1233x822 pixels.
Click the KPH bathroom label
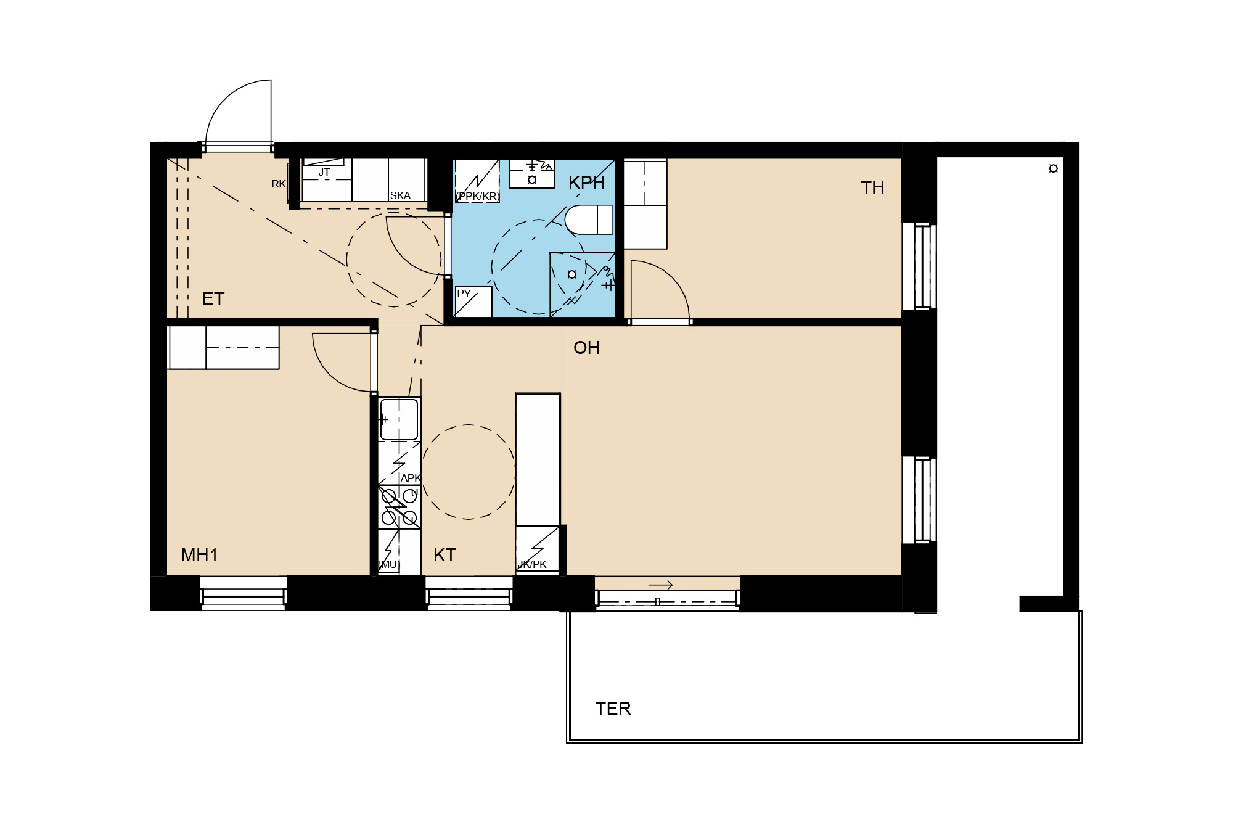pyautogui.click(x=586, y=183)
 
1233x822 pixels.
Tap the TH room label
pyautogui.click(x=872, y=187)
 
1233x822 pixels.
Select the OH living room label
pyautogui.click(x=586, y=348)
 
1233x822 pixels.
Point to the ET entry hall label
pyautogui.click(x=213, y=298)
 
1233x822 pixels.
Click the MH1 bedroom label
pyautogui.click(x=199, y=555)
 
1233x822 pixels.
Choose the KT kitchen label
pyautogui.click(x=444, y=555)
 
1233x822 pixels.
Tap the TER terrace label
pyautogui.click(x=613, y=709)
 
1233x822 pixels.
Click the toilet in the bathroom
pyautogui.click(x=589, y=220)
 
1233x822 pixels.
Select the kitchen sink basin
pyautogui.click(x=399, y=419)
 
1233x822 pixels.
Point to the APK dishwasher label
pyautogui.click(x=411, y=478)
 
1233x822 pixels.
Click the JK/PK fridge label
pyautogui.click(x=533, y=564)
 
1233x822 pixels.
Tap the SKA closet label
pyautogui.click(x=400, y=195)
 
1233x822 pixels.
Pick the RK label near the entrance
pyautogui.click(x=279, y=184)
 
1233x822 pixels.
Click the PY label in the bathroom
pyautogui.click(x=464, y=294)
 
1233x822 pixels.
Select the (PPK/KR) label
pyautogui.click(x=477, y=196)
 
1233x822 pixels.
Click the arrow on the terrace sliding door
pyautogui.click(x=660, y=585)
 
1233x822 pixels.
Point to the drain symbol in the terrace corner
pyautogui.click(x=1054, y=168)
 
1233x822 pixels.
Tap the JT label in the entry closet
pyautogui.click(x=324, y=173)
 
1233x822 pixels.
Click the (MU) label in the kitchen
pyautogui.click(x=388, y=564)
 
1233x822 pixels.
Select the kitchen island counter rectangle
pyautogui.click(x=538, y=459)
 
